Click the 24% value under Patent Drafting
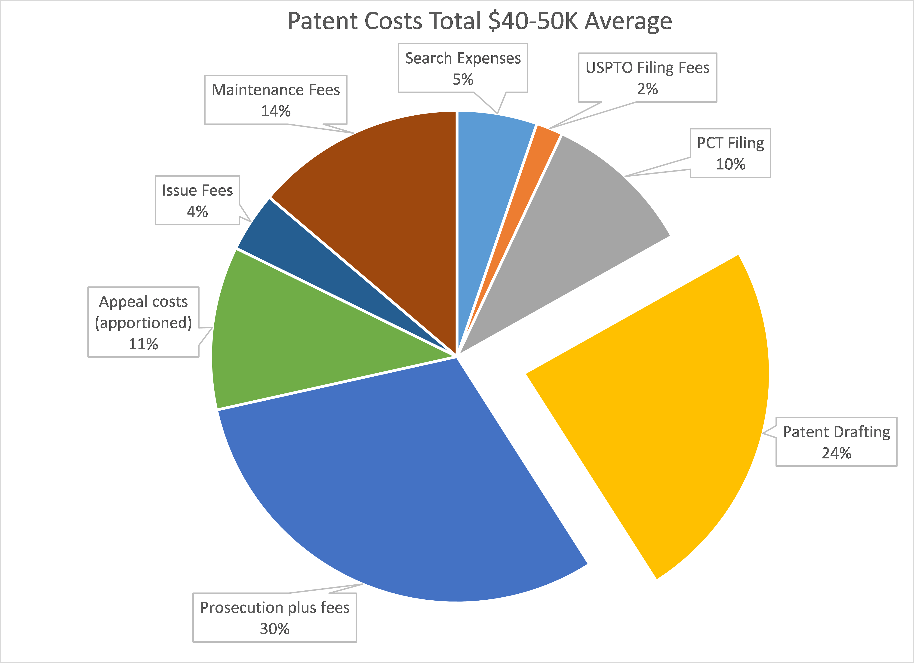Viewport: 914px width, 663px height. [x=836, y=453]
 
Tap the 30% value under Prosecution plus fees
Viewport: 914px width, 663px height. [x=274, y=629]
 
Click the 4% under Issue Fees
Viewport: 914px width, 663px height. [x=197, y=212]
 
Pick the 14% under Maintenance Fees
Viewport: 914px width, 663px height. [x=276, y=111]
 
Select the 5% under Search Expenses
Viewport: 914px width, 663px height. [x=463, y=79]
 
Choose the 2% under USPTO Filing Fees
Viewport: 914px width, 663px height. [x=647, y=89]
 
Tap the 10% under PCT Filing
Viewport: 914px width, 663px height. [x=730, y=164]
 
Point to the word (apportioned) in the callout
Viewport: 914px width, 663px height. [x=143, y=323]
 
